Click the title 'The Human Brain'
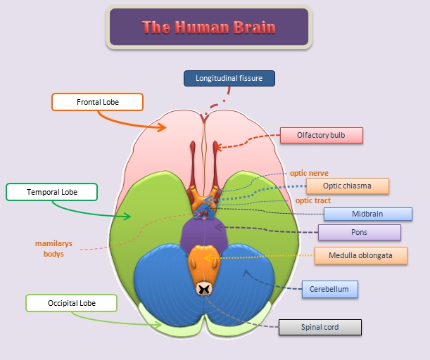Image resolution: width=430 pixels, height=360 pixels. click(x=208, y=27)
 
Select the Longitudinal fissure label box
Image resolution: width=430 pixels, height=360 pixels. click(x=229, y=78)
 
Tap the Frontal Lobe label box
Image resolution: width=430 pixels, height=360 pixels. click(x=98, y=102)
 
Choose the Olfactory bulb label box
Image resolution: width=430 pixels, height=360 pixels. click(x=321, y=135)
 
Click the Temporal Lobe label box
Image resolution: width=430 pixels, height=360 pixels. click(x=52, y=192)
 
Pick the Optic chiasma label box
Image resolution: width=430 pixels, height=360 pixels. click(x=348, y=186)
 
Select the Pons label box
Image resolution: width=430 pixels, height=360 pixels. click(x=359, y=232)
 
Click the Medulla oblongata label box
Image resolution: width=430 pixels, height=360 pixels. click(x=361, y=255)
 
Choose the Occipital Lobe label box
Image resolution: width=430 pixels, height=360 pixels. click(x=71, y=303)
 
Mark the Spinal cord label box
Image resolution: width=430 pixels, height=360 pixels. click(x=320, y=327)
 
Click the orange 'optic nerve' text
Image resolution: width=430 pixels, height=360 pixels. click(x=309, y=172)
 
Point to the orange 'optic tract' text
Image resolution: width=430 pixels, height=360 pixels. click(x=313, y=200)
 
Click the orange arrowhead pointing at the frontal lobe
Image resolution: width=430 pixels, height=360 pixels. click(x=162, y=127)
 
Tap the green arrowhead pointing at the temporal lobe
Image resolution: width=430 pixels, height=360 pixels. click(x=127, y=216)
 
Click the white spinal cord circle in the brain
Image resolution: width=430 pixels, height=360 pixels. click(x=204, y=288)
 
